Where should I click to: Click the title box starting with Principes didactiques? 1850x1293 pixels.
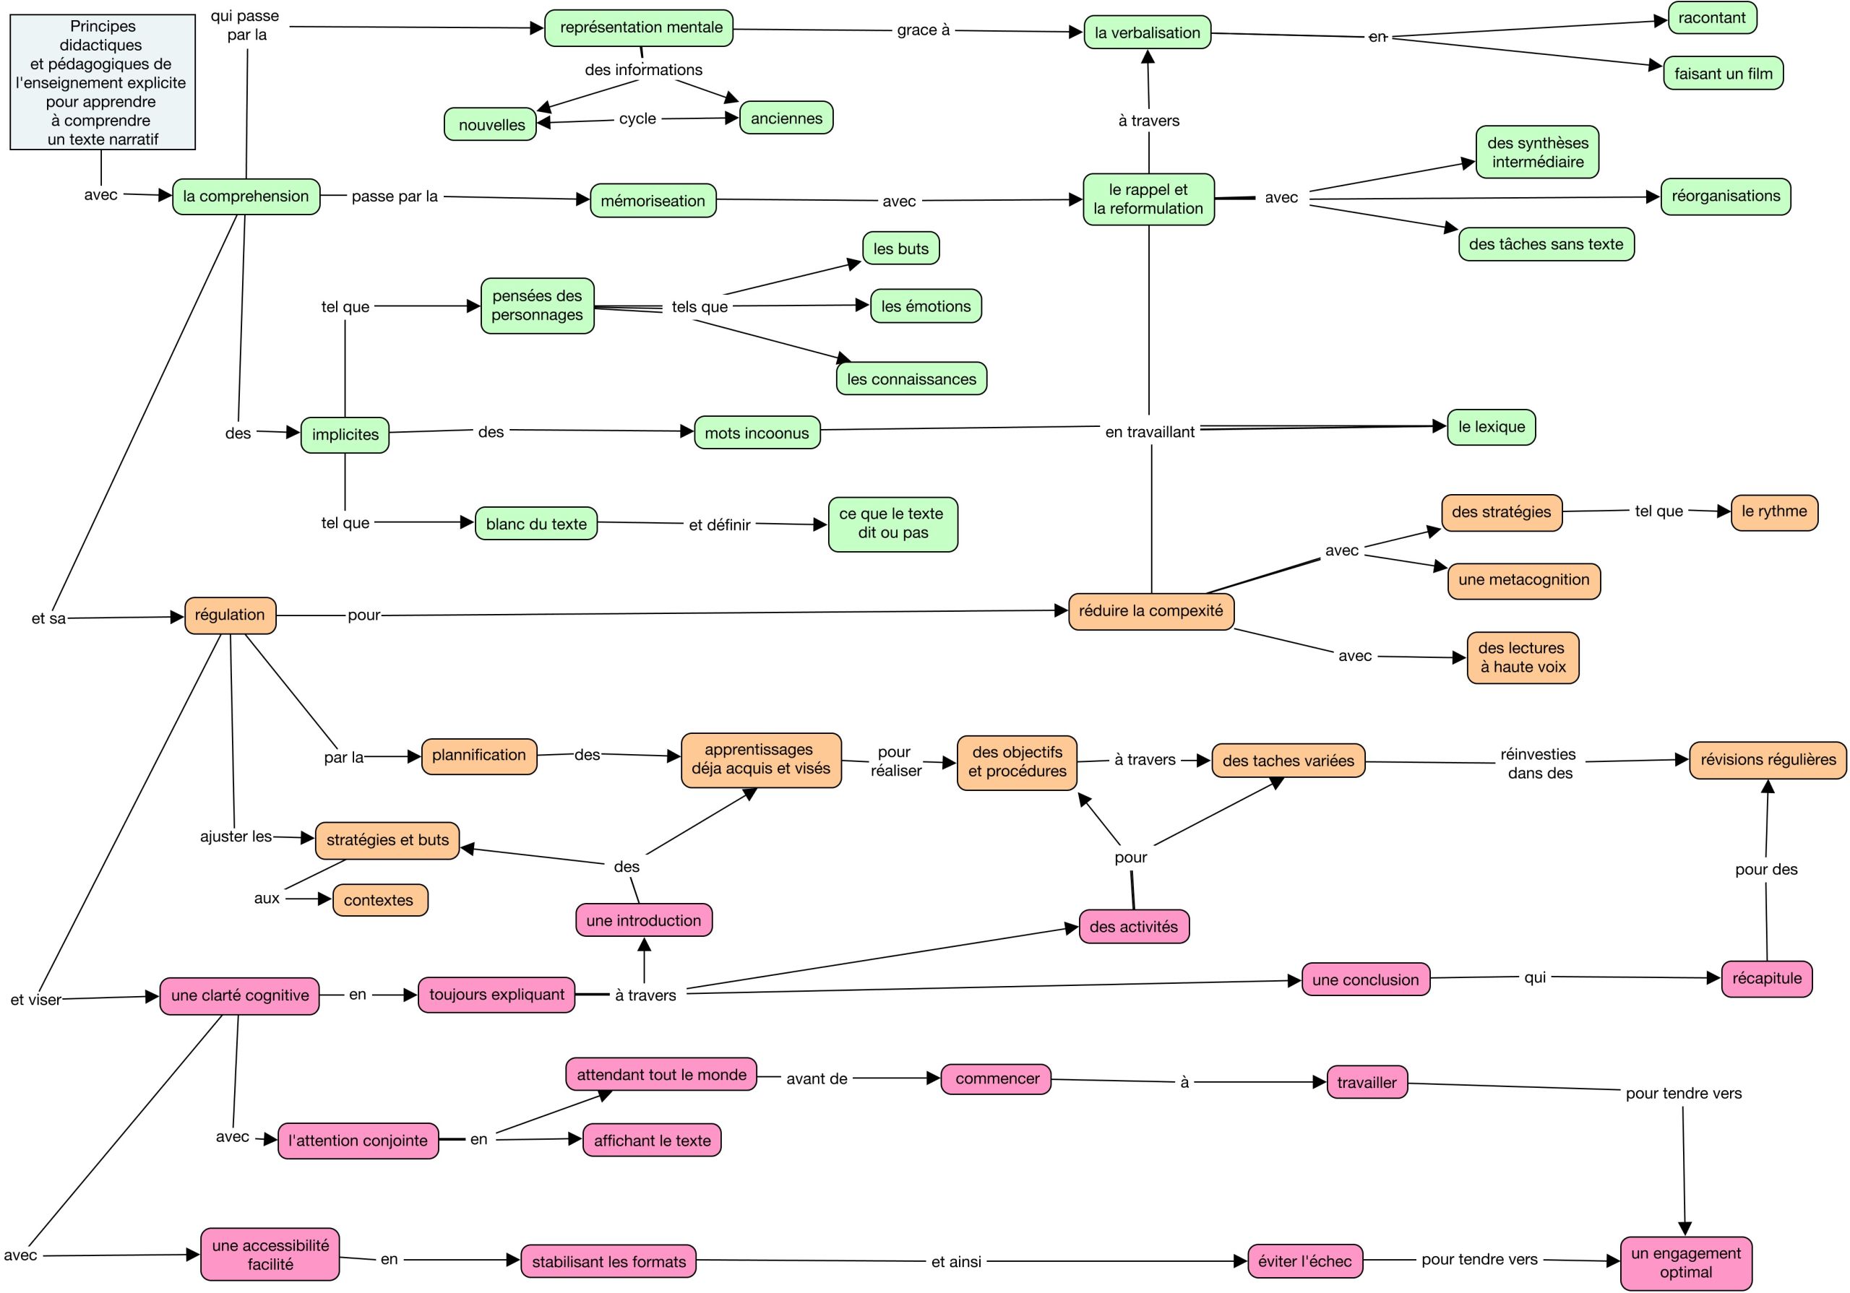103,82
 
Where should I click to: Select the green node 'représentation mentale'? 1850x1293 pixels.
640,28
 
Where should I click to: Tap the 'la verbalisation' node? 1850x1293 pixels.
1148,33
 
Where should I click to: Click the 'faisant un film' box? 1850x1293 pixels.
1723,73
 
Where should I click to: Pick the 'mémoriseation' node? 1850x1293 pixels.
653,201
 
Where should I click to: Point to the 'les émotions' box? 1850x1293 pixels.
926,306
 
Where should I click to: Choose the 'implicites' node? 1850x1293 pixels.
345,435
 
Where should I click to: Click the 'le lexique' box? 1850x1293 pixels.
1491,427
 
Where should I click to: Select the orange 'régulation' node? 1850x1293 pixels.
230,615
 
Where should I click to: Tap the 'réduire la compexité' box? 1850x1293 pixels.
1150,611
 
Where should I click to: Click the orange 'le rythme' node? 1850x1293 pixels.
1773,512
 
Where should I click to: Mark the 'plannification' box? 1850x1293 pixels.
478,756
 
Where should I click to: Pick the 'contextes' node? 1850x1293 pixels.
379,901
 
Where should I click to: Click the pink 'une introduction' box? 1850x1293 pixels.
644,920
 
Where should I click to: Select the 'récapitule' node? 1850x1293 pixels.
1766,979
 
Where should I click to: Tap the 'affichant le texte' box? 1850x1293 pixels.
652,1140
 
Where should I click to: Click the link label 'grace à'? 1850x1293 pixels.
924,30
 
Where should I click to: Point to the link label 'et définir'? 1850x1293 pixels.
720,525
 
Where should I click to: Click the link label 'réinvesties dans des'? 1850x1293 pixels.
1539,764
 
